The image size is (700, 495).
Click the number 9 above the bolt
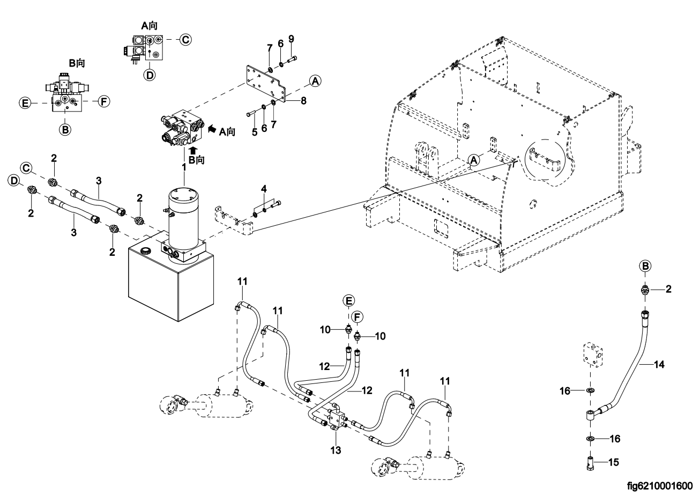291,39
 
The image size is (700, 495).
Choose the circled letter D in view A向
150,75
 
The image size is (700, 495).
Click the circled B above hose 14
646,266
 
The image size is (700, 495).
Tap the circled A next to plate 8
315,81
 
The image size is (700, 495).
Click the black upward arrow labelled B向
194,151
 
